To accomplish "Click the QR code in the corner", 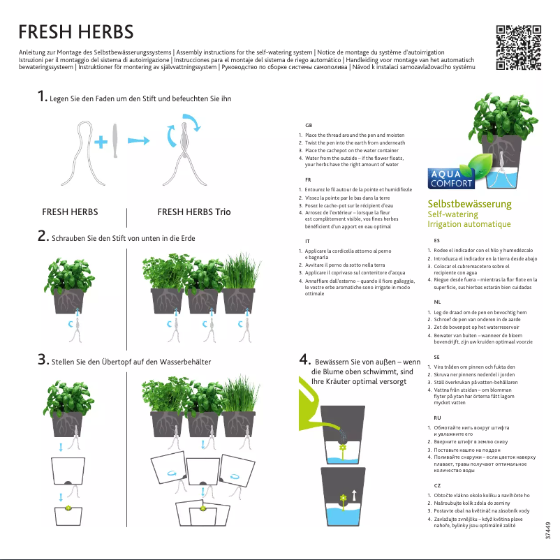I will point(518,48).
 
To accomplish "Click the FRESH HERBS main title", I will point(75,32).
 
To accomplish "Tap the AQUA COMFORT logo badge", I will point(450,179).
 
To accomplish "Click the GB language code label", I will point(308,124).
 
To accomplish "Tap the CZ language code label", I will point(437,484).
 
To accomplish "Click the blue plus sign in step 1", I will point(101,142).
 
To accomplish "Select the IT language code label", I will point(307,241).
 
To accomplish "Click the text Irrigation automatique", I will point(469,224).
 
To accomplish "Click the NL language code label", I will point(437,303).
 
